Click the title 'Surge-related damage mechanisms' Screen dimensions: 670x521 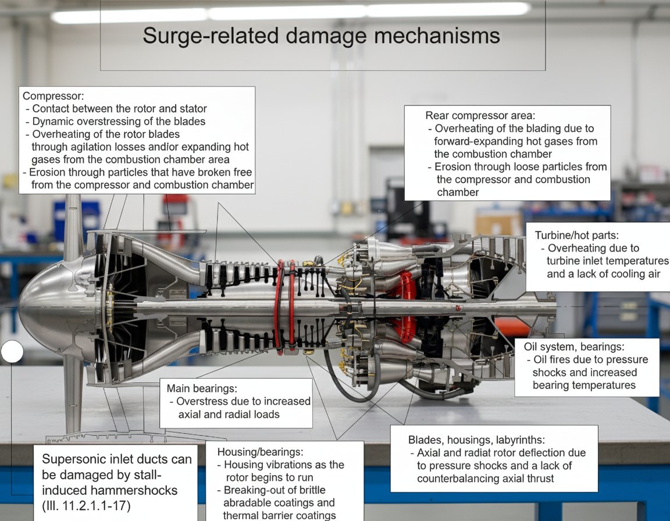(x=321, y=35)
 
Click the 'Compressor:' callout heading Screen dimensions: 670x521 (x=54, y=96)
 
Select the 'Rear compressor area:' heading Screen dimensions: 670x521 (x=480, y=115)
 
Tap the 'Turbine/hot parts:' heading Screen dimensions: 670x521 (x=577, y=235)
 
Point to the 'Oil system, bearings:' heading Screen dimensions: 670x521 (x=574, y=347)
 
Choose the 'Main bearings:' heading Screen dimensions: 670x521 (x=202, y=388)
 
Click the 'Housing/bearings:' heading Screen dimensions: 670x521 (x=260, y=452)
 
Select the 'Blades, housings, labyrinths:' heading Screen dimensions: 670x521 (x=476, y=440)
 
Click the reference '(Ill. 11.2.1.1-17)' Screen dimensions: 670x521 (x=86, y=506)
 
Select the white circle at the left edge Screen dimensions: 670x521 (x=12, y=352)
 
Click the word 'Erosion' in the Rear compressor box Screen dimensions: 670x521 (x=454, y=166)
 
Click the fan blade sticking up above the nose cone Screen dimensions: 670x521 (x=73, y=226)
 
